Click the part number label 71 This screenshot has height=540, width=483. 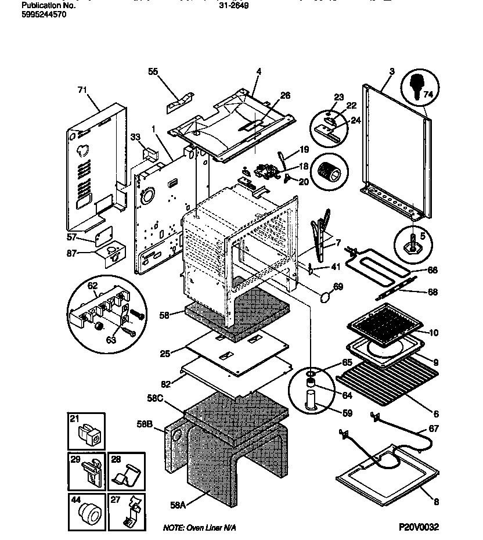pyautogui.click(x=81, y=90)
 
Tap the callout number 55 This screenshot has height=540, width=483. pyautogui.click(x=153, y=71)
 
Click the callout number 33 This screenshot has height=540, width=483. pyautogui.click(x=135, y=138)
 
